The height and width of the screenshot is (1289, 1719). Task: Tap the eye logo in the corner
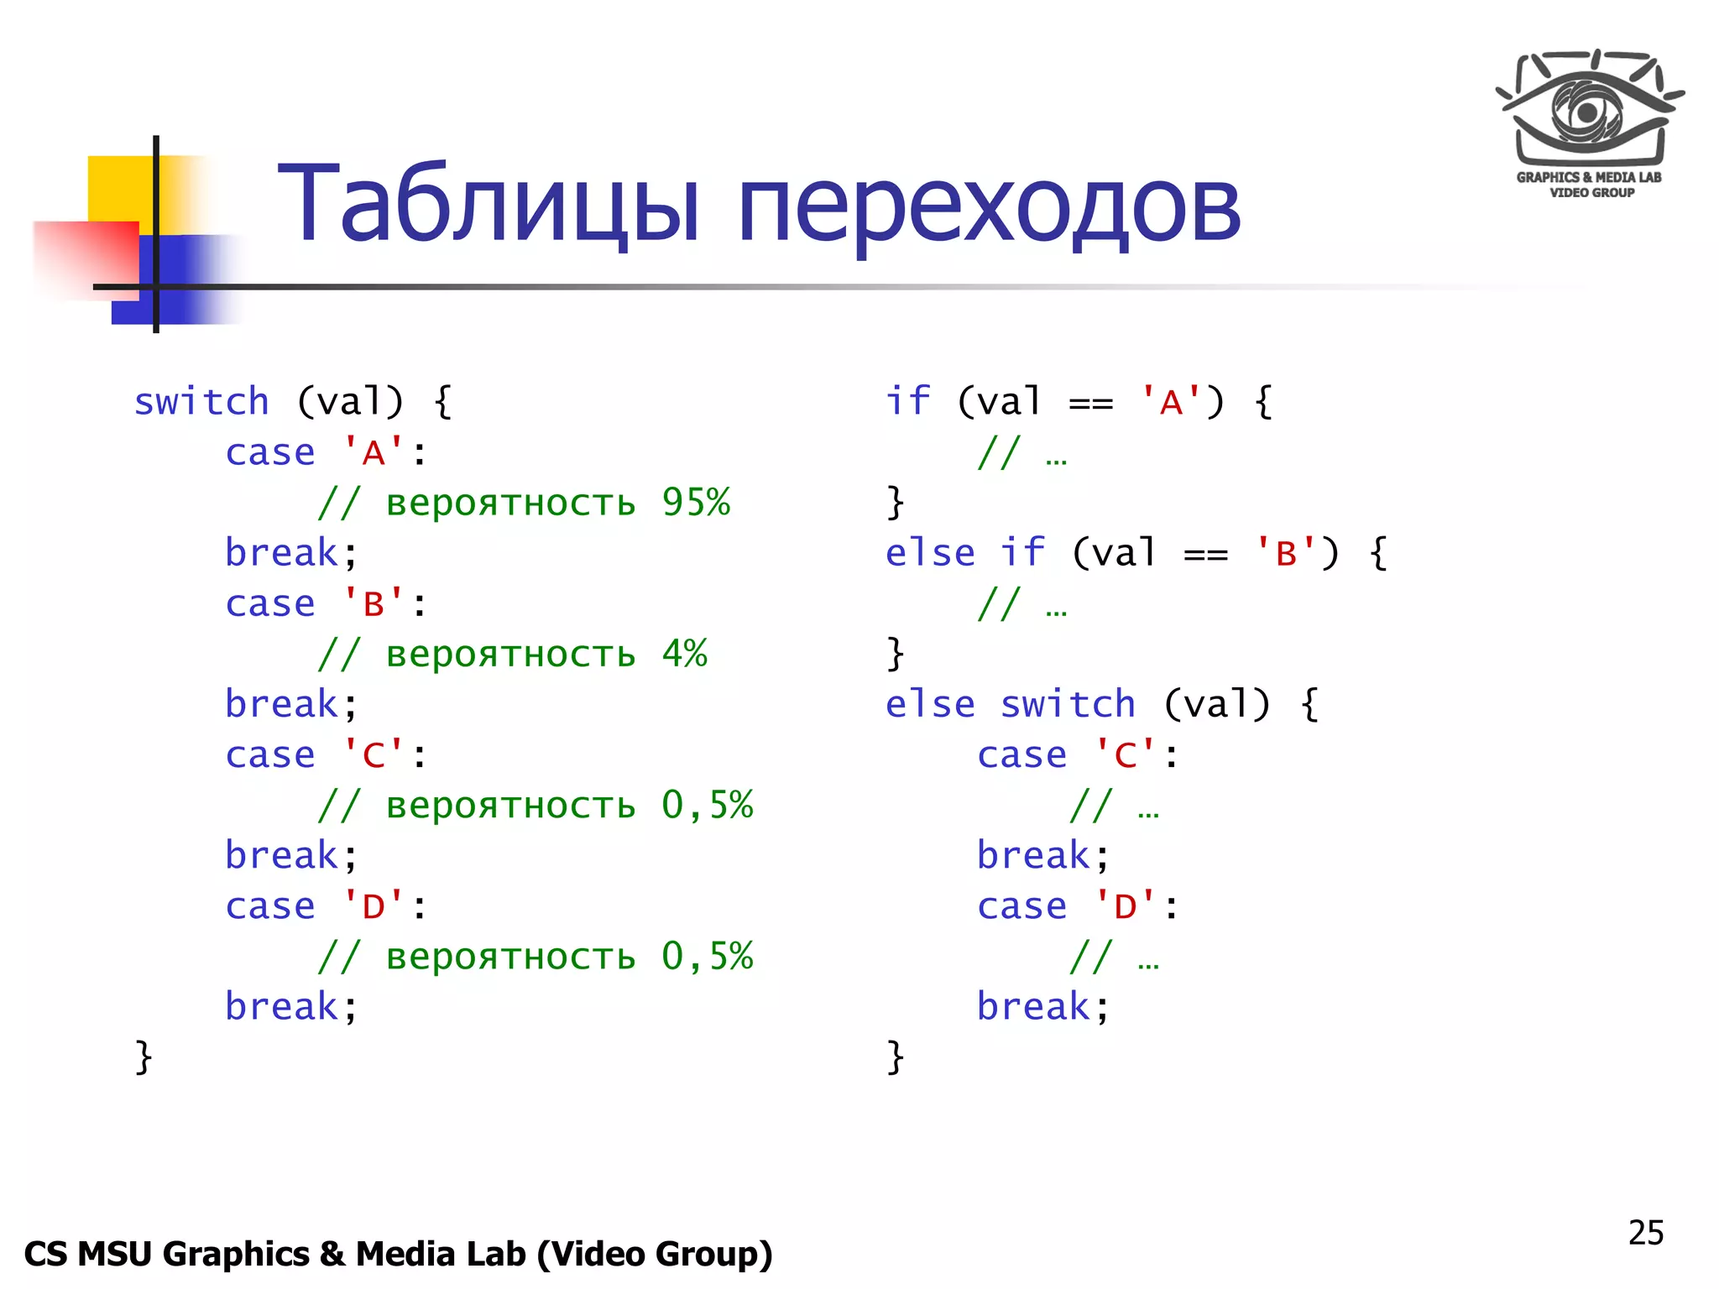(1589, 109)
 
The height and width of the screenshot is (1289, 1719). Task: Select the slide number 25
(1645, 1233)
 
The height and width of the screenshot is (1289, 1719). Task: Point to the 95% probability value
(696, 503)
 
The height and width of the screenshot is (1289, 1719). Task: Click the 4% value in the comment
(684, 654)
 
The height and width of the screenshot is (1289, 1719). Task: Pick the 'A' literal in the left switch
(374, 453)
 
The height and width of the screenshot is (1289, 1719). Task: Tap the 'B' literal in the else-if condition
(1286, 554)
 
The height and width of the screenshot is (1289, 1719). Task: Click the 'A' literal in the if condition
(1172, 403)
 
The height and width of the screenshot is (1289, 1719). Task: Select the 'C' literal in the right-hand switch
(1126, 755)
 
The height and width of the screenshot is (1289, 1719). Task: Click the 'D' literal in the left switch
(374, 906)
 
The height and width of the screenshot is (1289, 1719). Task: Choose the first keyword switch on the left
(201, 403)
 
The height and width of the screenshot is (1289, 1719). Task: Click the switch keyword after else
(1068, 705)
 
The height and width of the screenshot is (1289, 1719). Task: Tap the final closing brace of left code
(144, 1057)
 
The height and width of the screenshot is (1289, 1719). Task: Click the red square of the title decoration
(84, 256)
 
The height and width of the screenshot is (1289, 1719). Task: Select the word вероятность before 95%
(510, 504)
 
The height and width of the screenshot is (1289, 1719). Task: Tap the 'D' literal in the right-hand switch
(1126, 906)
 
